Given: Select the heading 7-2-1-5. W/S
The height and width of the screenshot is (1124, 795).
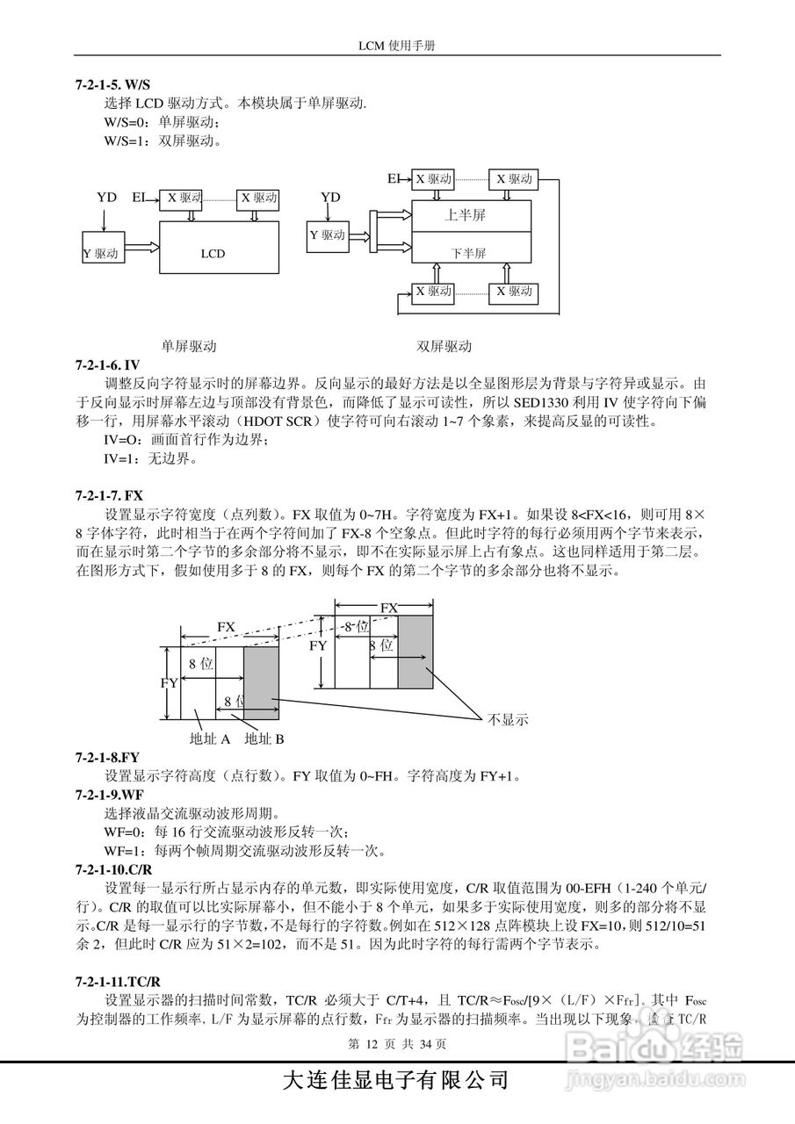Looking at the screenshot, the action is [113, 85].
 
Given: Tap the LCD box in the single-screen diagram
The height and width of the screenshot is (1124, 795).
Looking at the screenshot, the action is [212, 254].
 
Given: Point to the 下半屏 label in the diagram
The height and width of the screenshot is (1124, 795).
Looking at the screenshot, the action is [468, 253].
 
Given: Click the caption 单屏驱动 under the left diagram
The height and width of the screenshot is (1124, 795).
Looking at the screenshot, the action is [189, 346].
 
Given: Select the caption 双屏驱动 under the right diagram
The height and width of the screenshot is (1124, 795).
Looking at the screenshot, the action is [444, 346].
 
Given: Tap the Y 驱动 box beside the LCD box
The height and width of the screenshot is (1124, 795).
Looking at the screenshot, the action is [101, 254].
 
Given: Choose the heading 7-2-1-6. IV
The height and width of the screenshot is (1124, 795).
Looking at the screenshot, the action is [108, 364].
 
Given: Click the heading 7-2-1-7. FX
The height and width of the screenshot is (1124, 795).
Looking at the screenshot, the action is [110, 495].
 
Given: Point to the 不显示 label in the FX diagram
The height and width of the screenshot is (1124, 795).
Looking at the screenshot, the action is [507, 719].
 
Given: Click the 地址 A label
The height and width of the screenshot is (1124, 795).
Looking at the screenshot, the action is [210, 739].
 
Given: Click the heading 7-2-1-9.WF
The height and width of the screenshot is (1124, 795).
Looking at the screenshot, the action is [109, 795].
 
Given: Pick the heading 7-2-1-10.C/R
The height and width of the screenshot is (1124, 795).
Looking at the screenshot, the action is [114, 869].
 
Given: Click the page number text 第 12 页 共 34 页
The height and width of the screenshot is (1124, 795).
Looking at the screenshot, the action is [398, 1044].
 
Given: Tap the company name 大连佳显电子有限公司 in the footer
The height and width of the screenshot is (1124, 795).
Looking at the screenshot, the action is [395, 1080].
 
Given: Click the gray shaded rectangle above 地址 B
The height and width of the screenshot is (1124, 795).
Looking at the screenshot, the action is [260, 684].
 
